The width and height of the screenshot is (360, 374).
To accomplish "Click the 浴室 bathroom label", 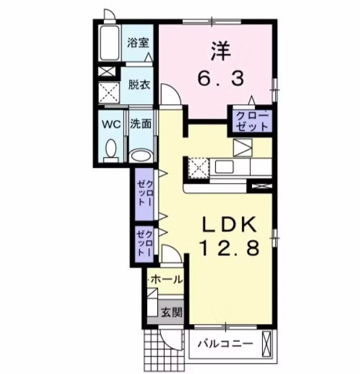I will [139, 43].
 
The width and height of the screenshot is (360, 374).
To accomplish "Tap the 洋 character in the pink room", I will [221, 49].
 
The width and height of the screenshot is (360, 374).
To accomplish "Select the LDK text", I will [230, 224].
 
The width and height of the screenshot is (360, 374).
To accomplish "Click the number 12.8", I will [230, 247].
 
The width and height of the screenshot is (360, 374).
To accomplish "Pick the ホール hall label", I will [165, 280].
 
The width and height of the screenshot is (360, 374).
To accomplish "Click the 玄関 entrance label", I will [171, 312].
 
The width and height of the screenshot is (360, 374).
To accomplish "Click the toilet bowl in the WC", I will [110, 148].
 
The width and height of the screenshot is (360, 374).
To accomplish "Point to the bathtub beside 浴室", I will [110, 43].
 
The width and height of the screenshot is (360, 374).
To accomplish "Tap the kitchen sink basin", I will [224, 166].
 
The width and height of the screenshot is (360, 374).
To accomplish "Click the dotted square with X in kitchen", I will [198, 167].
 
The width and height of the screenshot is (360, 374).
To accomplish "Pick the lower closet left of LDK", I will [145, 243].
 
